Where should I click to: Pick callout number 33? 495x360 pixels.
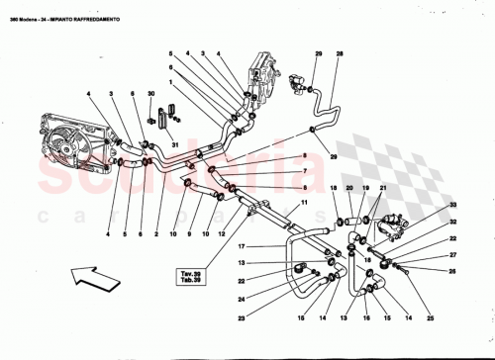point(453,206)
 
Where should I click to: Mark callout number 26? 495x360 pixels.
point(453,270)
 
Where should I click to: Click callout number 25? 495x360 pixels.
point(432,318)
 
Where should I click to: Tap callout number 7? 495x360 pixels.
point(305,170)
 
